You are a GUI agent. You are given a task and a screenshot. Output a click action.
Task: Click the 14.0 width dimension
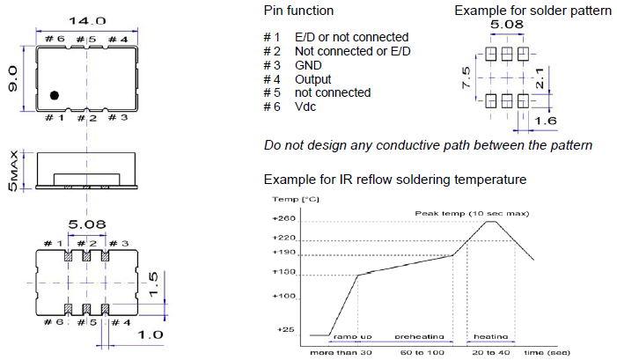coord(86,20)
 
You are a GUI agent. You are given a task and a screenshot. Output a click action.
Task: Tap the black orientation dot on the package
coord(55,94)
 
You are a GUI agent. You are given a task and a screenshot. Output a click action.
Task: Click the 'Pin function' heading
coord(298,11)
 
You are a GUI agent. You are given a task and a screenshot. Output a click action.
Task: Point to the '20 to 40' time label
coord(488,352)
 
